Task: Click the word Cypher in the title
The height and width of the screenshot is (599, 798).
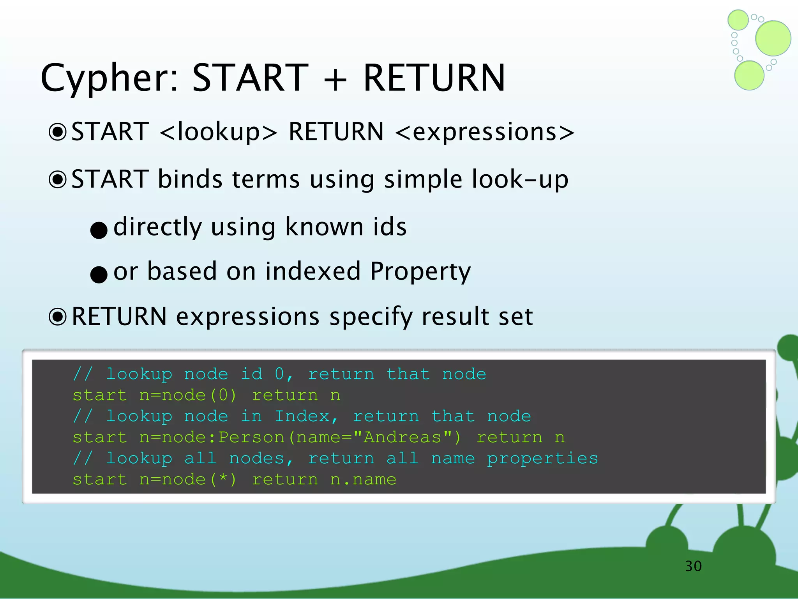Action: tap(109, 79)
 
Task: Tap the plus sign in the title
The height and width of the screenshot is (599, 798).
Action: tap(335, 79)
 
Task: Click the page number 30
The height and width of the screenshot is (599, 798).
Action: tap(693, 566)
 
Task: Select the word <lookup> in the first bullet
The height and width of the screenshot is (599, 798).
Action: tap(219, 132)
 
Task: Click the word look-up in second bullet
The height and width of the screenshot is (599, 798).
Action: tap(520, 180)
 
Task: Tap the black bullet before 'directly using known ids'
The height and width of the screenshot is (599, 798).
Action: tap(99, 230)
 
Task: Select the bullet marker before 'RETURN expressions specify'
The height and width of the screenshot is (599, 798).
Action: tap(58, 317)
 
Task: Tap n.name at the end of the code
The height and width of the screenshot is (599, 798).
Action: tap(363, 480)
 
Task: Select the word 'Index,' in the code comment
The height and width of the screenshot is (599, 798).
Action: tap(306, 416)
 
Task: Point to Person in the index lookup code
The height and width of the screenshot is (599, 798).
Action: tap(251, 438)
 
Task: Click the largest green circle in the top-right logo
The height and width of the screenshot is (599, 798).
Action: tap(773, 38)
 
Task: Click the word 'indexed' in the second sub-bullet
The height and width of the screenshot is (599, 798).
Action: tap(313, 271)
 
